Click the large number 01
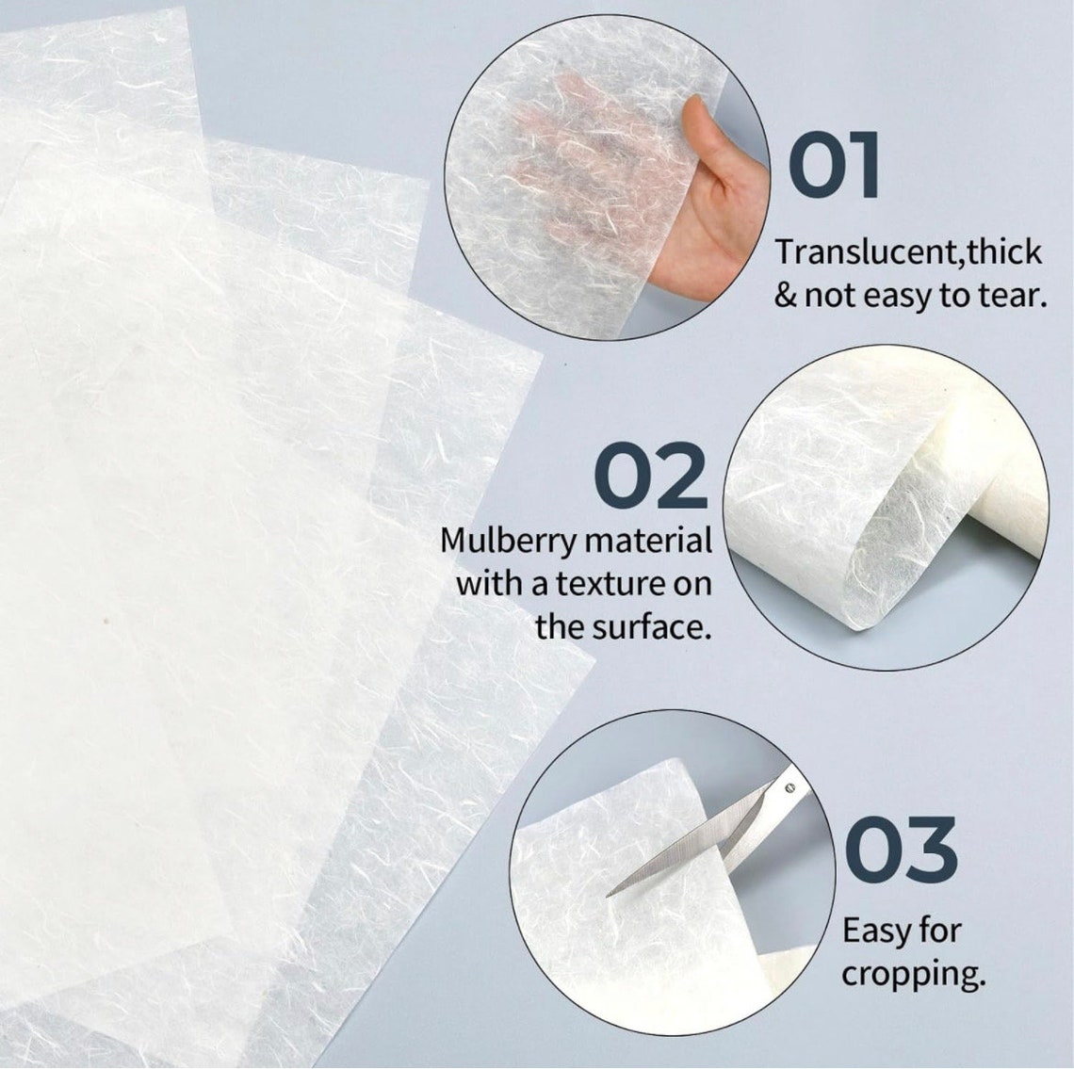(834, 167)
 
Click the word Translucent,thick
(908, 252)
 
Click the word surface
(650, 626)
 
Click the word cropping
(912, 974)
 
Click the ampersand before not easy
(785, 297)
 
